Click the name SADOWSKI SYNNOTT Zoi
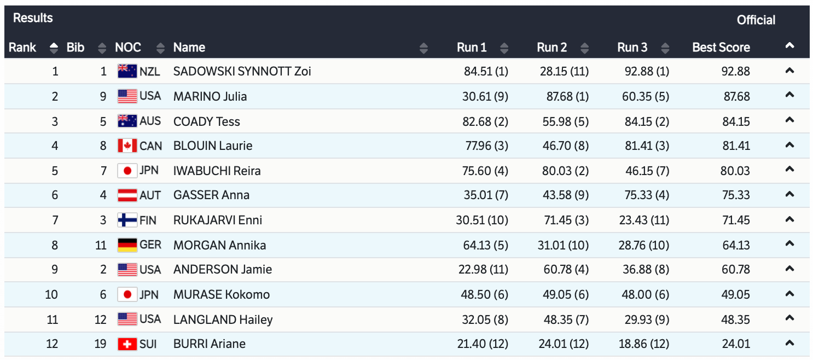click(242, 71)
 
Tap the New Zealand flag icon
click(127, 71)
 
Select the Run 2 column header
click(551, 48)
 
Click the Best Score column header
click(721, 48)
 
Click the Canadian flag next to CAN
click(127, 146)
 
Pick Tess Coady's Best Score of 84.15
click(736, 121)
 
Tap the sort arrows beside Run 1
click(504, 48)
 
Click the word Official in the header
click(756, 20)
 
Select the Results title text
click(33, 18)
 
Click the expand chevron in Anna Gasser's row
click(789, 194)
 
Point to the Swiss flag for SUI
click(127, 344)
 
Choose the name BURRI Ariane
click(209, 344)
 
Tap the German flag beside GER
click(127, 245)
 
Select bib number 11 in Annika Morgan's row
click(101, 245)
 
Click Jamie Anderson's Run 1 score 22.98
click(482, 269)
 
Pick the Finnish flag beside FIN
click(127, 220)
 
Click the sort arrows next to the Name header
click(423, 48)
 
